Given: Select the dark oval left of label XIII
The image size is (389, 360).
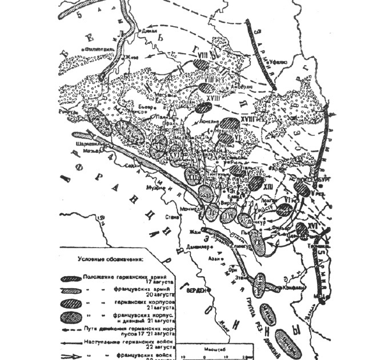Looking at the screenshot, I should (256, 183).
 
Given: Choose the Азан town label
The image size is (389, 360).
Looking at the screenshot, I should (218, 259).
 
